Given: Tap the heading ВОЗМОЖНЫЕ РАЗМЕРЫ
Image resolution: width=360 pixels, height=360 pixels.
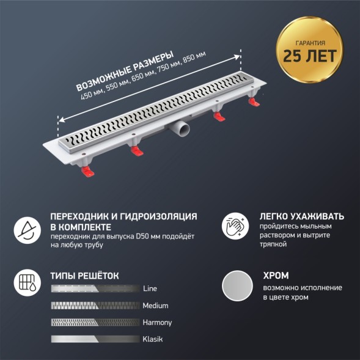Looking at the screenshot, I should pyautogui.click(x=122, y=67).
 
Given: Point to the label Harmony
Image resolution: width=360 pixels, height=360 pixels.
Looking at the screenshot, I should pyautogui.click(x=157, y=322).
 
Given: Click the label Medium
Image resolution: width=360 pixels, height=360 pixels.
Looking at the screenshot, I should pyautogui.click(x=155, y=306).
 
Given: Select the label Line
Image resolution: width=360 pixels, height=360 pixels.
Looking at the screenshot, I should pyautogui.click(x=150, y=288).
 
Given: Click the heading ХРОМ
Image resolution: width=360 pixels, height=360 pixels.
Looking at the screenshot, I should pyautogui.click(x=275, y=275).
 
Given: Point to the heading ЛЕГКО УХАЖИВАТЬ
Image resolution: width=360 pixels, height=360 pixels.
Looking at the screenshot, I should pyautogui.click(x=302, y=216).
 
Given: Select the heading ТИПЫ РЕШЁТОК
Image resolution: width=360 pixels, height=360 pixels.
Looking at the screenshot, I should pyautogui.click(x=84, y=275).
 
